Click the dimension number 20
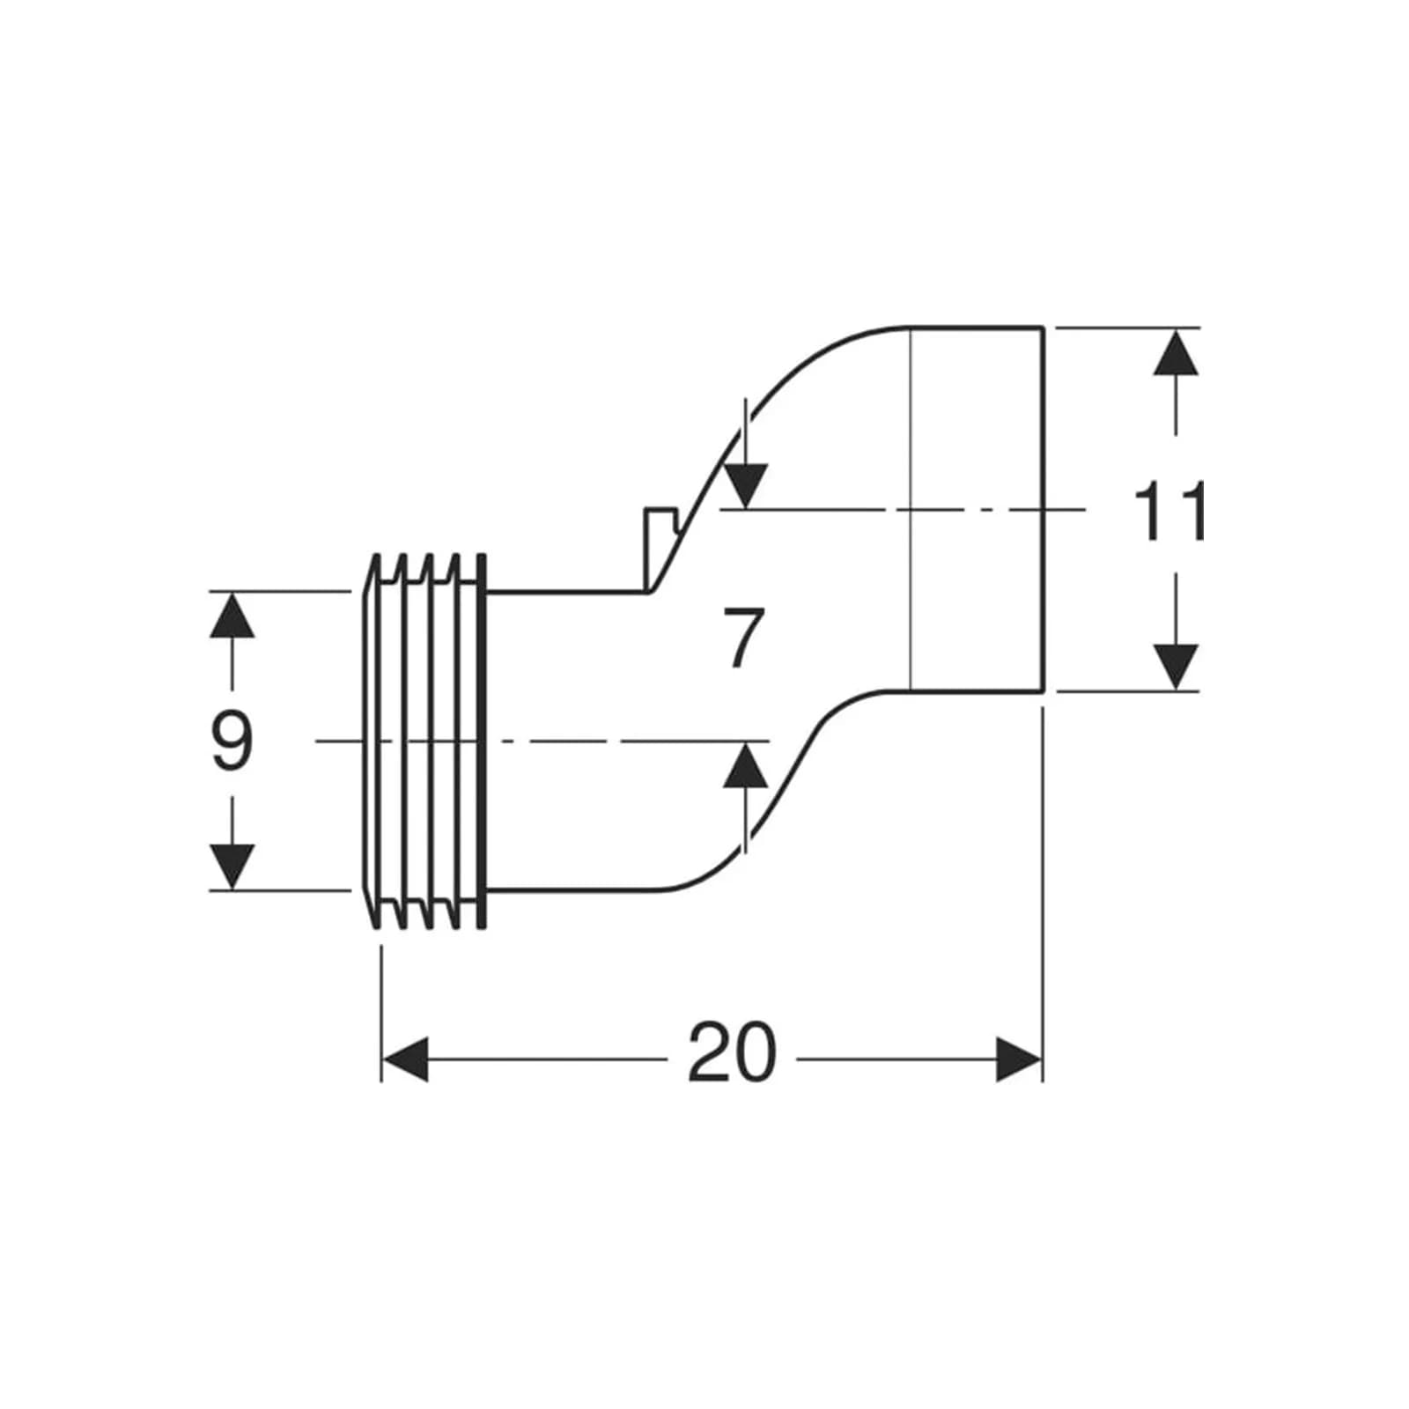click(732, 1052)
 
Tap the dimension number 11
click(1168, 511)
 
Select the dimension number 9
click(232, 741)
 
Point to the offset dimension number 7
click(741, 638)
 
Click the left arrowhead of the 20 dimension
click(405, 1059)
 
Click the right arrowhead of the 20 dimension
click(1018, 1059)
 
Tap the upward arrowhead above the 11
click(1176, 351)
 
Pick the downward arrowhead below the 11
click(1176, 668)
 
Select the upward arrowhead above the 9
click(232, 615)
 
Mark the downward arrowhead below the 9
click(232, 867)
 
